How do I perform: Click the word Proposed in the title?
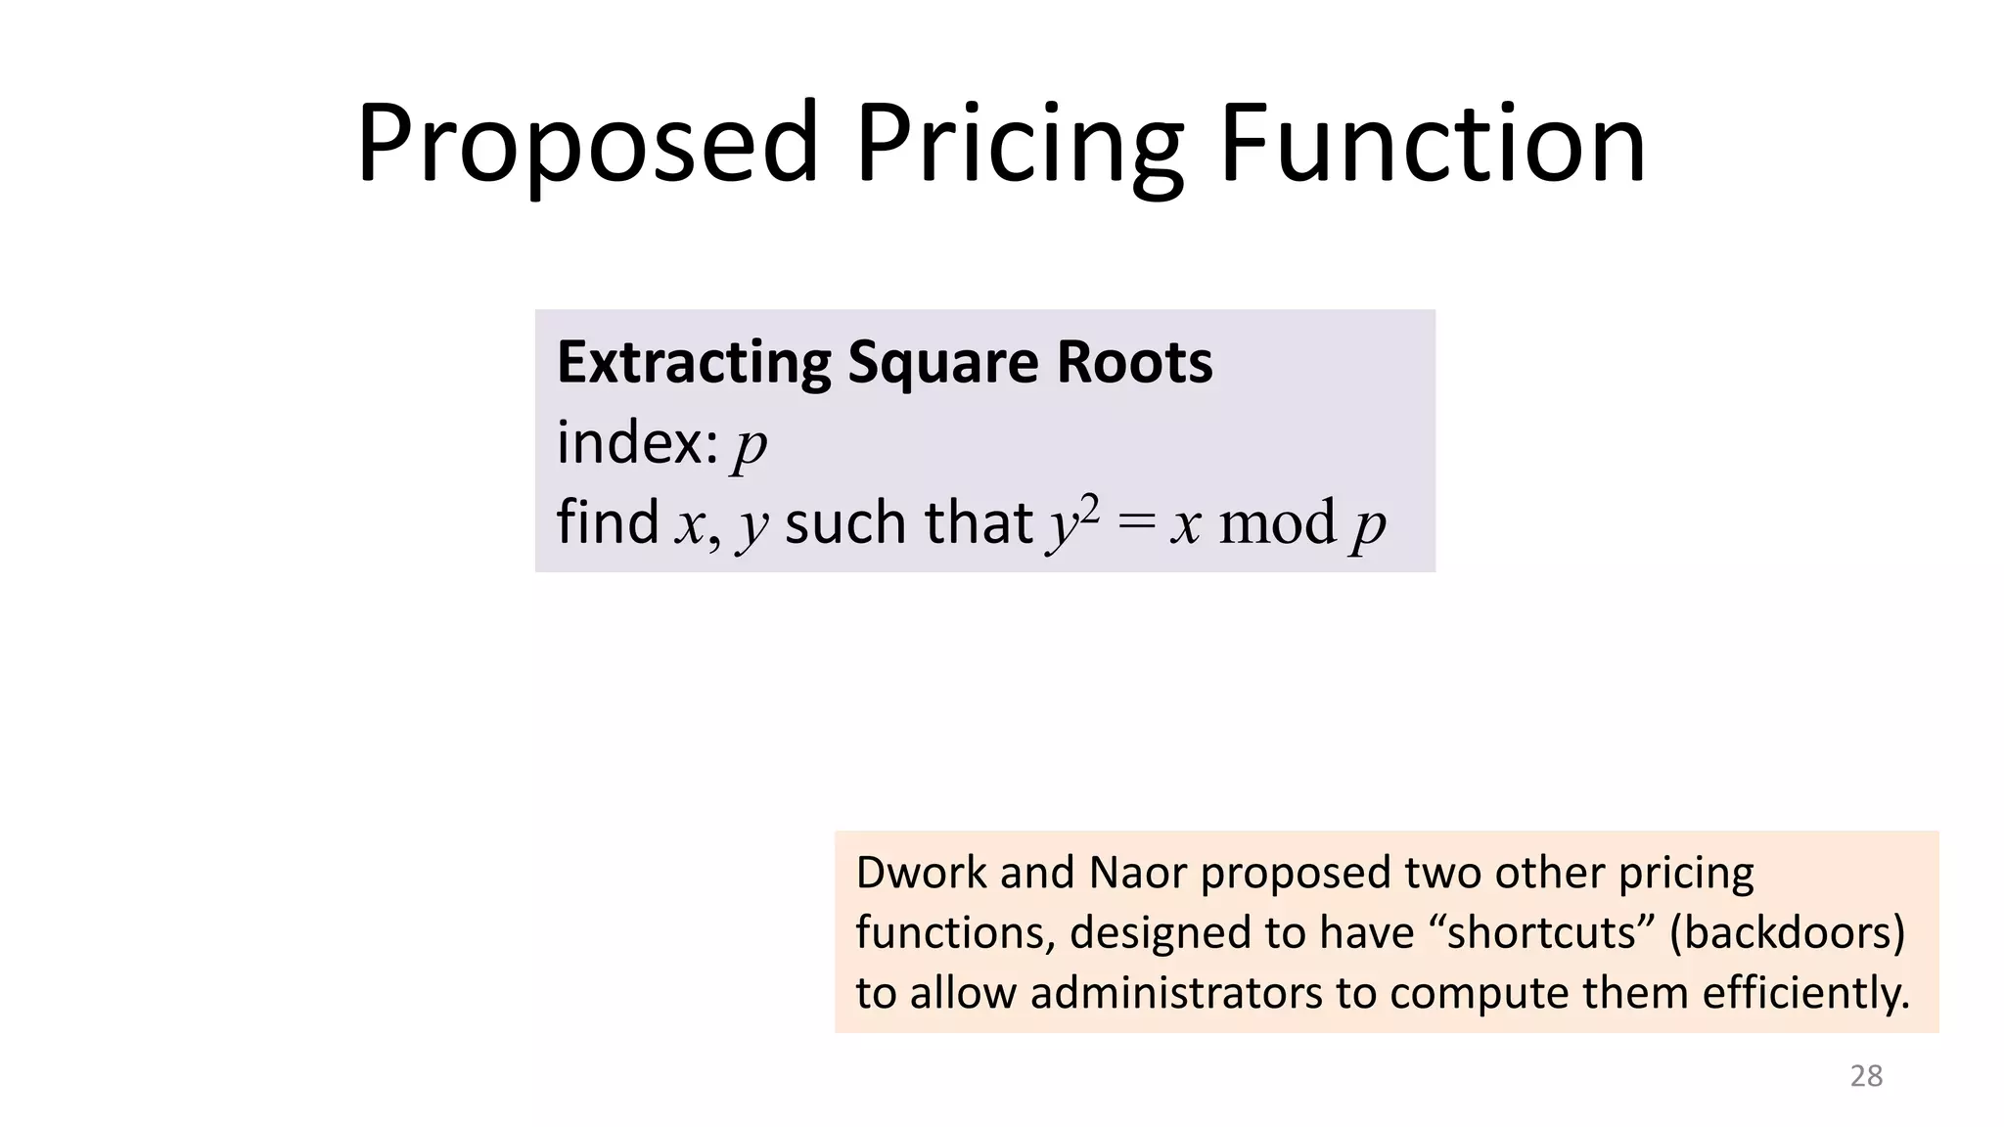587,145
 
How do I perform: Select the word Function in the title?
1433,145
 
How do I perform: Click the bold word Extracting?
694,362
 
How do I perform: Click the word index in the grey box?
637,442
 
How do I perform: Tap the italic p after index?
751,446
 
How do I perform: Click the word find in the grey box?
607,521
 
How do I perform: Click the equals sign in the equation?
1136,524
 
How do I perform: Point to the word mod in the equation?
1277,523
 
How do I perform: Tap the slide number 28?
1866,1076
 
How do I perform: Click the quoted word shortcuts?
1541,932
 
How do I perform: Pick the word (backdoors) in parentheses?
1788,932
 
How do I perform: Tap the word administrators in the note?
1177,993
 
